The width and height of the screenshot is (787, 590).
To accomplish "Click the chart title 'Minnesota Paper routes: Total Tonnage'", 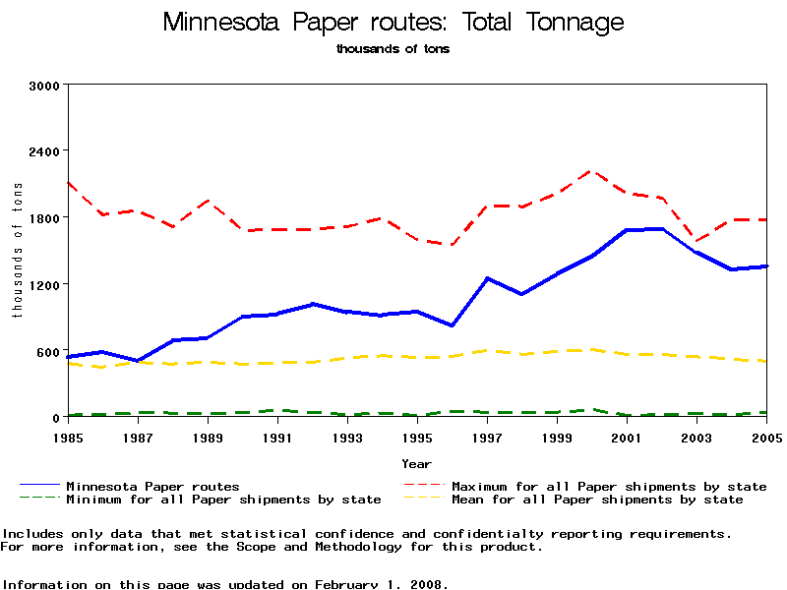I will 393,22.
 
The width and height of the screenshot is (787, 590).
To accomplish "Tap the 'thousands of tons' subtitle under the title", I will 393,48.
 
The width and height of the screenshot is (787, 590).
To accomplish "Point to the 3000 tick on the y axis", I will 46,85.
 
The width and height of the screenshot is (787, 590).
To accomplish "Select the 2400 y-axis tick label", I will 46,150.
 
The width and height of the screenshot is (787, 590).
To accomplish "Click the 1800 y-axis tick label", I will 46,217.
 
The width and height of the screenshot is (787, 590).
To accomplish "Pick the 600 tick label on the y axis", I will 50,351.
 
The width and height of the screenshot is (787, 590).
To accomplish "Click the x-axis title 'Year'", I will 416,462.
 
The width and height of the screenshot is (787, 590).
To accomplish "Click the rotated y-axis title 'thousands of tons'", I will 17,251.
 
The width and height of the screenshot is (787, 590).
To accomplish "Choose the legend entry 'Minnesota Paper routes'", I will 152,486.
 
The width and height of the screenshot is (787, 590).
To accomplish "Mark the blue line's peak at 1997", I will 487,278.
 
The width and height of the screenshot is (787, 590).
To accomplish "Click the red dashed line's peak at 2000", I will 591,171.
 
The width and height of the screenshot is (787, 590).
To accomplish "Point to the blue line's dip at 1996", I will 452,325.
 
